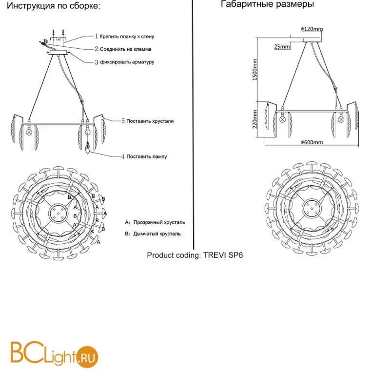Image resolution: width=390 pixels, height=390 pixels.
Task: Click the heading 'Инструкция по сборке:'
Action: (x=54, y=5)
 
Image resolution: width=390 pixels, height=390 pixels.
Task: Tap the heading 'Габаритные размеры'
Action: (x=267, y=4)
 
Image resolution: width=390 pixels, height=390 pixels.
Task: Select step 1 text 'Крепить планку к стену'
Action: (x=127, y=37)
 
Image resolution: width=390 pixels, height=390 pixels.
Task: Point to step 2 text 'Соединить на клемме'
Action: (x=126, y=49)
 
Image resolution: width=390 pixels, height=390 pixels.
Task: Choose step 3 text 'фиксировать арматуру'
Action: (x=127, y=62)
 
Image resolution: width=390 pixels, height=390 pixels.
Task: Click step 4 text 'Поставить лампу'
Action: (x=147, y=156)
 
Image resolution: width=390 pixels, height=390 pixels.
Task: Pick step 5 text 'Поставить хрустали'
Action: (x=150, y=121)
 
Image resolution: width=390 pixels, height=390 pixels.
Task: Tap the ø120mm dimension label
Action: (x=312, y=29)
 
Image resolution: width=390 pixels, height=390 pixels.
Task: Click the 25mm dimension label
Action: (x=282, y=46)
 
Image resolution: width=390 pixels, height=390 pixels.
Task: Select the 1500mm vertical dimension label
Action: (x=254, y=70)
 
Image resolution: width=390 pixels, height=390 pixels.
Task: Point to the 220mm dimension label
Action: (x=254, y=119)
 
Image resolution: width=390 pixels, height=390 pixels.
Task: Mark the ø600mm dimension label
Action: (x=312, y=142)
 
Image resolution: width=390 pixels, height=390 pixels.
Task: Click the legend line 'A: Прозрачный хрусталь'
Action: (x=155, y=222)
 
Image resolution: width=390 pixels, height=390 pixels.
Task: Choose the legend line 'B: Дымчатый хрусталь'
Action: (x=153, y=234)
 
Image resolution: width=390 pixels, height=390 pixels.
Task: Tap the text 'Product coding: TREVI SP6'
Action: (x=195, y=255)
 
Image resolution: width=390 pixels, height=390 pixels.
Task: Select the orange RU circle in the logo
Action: (x=87, y=357)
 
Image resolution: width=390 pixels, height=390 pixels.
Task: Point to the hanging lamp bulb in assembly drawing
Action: (x=88, y=148)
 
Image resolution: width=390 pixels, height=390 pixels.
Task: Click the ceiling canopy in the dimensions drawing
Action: (x=312, y=40)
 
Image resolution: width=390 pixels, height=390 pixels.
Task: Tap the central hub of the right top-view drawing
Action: (x=312, y=208)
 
